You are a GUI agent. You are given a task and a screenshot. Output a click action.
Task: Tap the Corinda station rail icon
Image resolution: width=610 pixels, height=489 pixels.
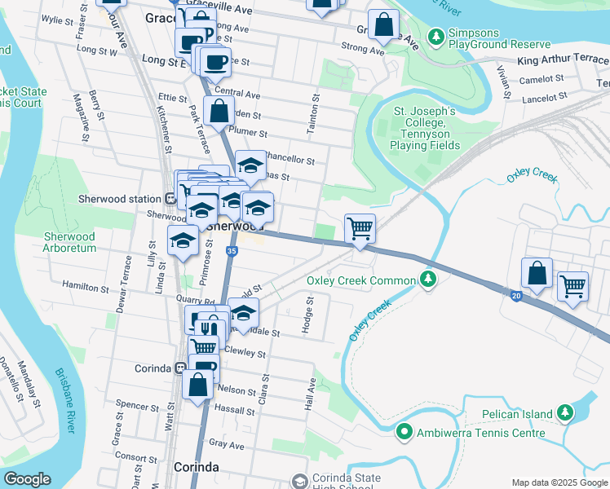[x=179, y=368]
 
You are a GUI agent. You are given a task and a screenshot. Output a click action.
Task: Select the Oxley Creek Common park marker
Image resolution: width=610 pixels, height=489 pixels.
[x=427, y=281]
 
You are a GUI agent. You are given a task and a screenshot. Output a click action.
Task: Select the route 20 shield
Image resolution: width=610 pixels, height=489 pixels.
[x=517, y=296]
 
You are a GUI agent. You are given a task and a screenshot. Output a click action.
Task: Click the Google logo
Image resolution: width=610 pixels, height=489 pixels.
[x=27, y=479]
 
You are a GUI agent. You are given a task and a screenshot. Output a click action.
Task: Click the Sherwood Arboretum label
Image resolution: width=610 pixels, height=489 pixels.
[x=69, y=242]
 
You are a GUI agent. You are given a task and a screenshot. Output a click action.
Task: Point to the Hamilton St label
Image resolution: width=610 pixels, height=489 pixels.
[x=86, y=289]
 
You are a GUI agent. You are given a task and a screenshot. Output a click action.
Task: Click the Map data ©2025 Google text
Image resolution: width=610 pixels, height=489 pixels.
[x=559, y=482]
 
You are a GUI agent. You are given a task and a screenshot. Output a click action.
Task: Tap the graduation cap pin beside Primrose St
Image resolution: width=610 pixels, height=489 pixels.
[x=183, y=240]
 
